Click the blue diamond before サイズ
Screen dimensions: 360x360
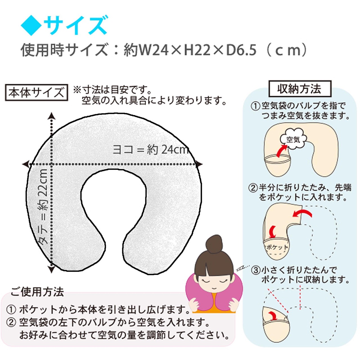click(x=31, y=26)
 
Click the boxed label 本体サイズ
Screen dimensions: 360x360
click(x=37, y=93)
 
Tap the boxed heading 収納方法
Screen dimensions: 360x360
click(x=300, y=89)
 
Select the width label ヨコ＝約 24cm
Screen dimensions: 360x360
click(x=150, y=149)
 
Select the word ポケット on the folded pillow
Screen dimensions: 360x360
click(x=277, y=247)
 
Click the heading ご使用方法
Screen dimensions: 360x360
click(x=37, y=292)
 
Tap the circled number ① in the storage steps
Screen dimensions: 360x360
click(x=255, y=106)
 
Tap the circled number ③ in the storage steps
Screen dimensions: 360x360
click(x=256, y=270)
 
